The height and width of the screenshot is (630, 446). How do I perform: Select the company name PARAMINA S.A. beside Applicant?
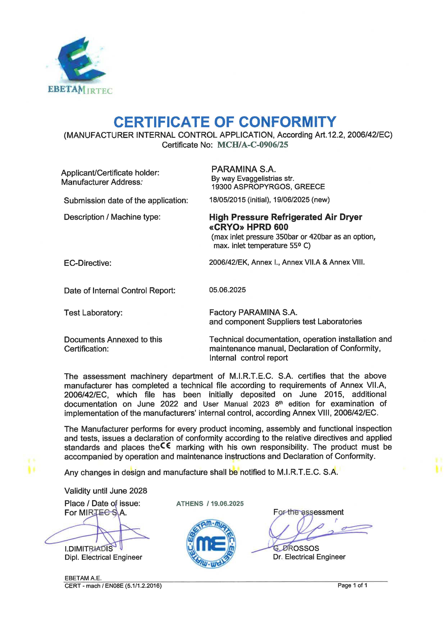pos(243,169)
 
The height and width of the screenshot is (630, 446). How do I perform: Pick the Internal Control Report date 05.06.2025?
pos(227,290)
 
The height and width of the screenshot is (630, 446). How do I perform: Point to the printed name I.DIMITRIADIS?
pos(88,549)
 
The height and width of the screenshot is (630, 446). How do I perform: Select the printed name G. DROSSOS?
pos(296,548)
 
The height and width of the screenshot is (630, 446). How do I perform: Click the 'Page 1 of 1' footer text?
pos(352,585)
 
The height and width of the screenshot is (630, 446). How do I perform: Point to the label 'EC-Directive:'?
pos(88,263)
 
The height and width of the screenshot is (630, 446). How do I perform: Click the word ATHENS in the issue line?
pos(190,504)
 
